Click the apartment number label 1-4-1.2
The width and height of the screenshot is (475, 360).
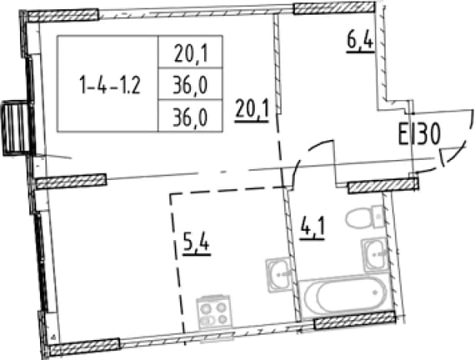coord(109,85)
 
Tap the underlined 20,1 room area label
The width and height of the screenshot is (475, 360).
coord(252,111)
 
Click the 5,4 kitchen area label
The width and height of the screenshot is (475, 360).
coord(196,245)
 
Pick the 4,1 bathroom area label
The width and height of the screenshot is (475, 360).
coord(312,229)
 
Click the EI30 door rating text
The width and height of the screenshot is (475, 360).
coord(419,135)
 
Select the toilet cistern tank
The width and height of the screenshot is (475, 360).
coord(378,216)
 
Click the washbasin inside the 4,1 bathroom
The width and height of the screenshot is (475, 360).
coord(375,254)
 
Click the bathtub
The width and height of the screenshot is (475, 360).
coord(346,294)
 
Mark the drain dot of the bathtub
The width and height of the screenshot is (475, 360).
coord(376,292)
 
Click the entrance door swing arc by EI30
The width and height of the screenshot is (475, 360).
coord(462,142)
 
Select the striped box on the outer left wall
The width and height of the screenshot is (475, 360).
coord(15,128)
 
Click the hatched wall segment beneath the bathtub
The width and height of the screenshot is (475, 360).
coord(355,320)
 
